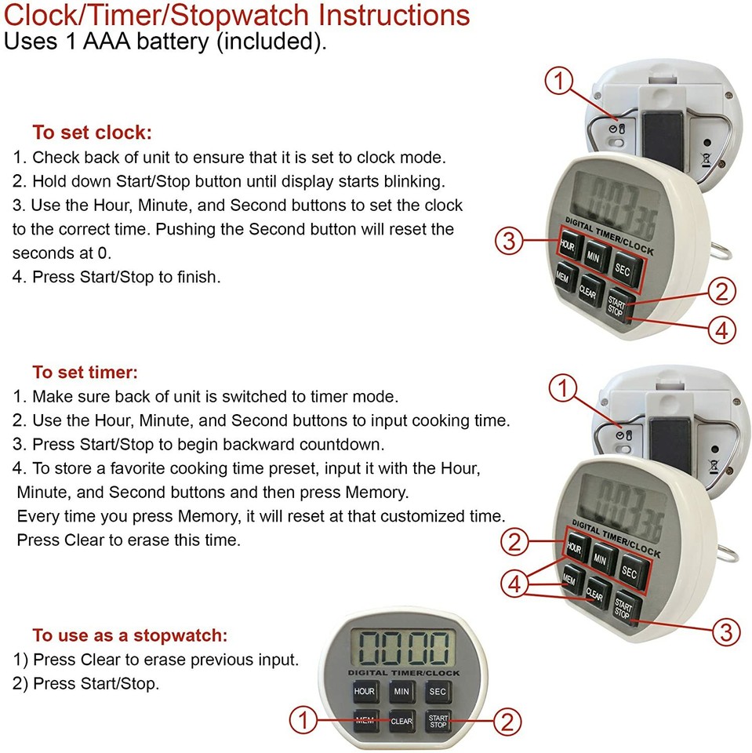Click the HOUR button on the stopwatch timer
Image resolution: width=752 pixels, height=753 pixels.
click(364, 692)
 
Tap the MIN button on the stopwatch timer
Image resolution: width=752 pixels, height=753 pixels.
click(401, 692)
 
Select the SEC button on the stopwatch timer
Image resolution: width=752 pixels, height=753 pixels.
click(438, 692)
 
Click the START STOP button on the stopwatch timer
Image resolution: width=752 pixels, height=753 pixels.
click(438, 721)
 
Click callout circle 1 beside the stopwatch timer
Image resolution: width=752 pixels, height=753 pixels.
click(305, 721)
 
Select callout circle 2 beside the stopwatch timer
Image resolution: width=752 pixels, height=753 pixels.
click(507, 722)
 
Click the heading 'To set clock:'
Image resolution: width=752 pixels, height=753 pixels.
click(93, 132)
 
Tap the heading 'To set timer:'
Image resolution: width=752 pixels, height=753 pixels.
click(85, 372)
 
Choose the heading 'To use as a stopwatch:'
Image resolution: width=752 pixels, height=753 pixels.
click(129, 635)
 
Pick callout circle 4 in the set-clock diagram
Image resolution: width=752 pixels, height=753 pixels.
click(722, 330)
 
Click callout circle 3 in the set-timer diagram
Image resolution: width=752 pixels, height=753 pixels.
click(725, 631)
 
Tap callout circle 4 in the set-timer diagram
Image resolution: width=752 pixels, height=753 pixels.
click(514, 584)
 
